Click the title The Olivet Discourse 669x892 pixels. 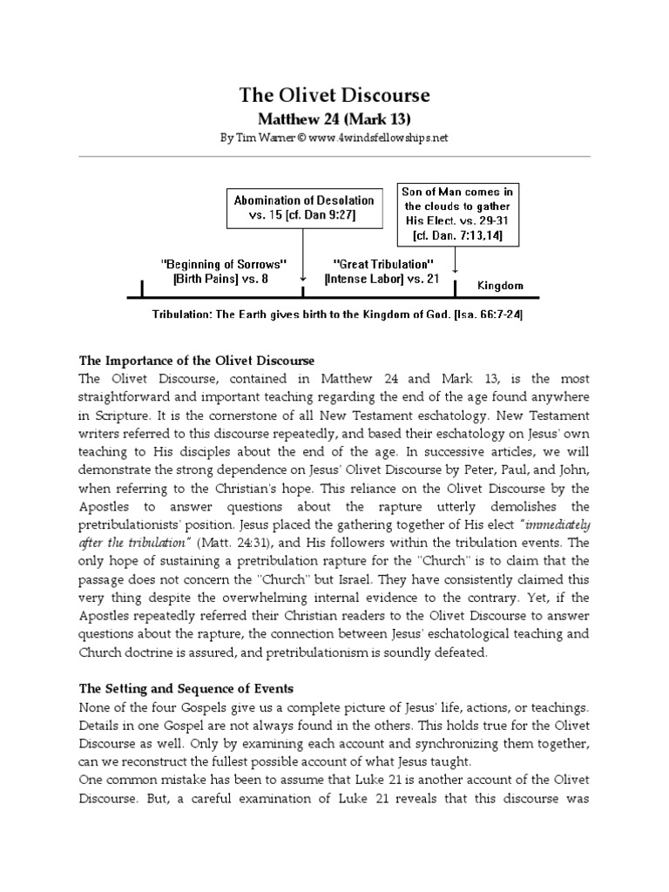tap(334, 95)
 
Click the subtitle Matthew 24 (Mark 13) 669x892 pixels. tap(334, 118)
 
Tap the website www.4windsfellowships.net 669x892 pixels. tap(378, 139)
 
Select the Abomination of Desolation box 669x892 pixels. tap(303, 207)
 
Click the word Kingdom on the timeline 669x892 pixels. tap(501, 285)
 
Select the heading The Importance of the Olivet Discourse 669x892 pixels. tap(197, 360)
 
